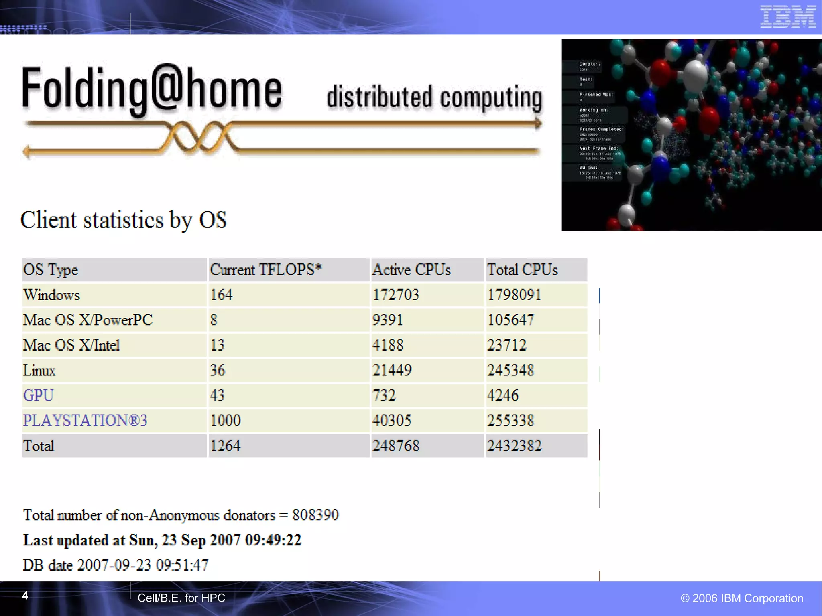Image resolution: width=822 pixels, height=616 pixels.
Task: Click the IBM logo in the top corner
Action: pos(788,17)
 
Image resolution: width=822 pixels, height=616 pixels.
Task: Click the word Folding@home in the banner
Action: pos(152,89)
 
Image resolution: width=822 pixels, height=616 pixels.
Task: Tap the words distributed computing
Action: pos(434,97)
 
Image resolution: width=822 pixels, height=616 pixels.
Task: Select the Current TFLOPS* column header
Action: pos(266,270)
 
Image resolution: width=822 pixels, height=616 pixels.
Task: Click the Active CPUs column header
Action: pos(411,270)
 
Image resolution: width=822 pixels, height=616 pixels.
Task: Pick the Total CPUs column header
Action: pos(522,270)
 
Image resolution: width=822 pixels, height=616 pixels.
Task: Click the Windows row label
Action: pos(52,295)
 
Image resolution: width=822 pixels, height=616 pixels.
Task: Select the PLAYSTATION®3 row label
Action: pos(85,420)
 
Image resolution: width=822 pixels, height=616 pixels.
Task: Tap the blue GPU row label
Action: pos(38,395)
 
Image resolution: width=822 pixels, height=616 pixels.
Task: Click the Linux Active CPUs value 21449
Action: pos(392,370)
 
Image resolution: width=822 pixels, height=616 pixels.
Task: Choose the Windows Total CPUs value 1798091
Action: pos(514,295)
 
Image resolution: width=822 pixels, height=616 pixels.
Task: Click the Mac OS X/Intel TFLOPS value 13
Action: pos(217,345)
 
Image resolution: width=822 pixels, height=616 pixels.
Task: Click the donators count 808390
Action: pos(315,515)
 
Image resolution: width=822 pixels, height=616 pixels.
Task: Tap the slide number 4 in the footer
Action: pos(25,596)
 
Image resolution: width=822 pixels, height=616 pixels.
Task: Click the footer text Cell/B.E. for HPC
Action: pos(181,598)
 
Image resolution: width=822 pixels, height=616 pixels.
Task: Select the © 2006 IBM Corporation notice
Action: pos(742,598)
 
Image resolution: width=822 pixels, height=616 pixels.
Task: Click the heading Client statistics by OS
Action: pos(124,220)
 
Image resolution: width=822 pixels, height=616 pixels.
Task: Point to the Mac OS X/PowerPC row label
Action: pos(88,320)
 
